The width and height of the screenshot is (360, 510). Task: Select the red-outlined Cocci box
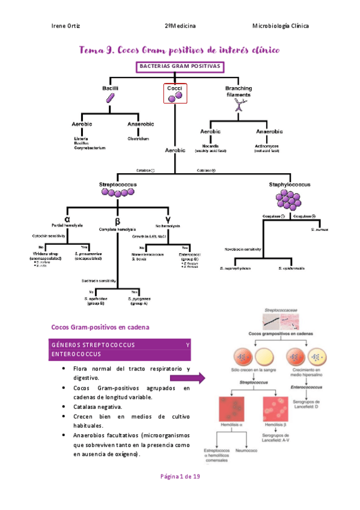(175, 94)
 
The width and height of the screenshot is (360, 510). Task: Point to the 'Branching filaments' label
(239, 91)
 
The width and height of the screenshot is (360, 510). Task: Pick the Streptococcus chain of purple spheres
(117, 192)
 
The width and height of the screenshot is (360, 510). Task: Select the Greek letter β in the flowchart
(118, 220)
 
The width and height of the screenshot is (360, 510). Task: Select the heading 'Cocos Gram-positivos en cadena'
(100, 327)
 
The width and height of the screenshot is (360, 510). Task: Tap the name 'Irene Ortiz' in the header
(67, 26)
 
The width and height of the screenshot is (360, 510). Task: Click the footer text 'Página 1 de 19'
(180, 476)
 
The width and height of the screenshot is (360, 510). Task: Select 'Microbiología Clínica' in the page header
(281, 26)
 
